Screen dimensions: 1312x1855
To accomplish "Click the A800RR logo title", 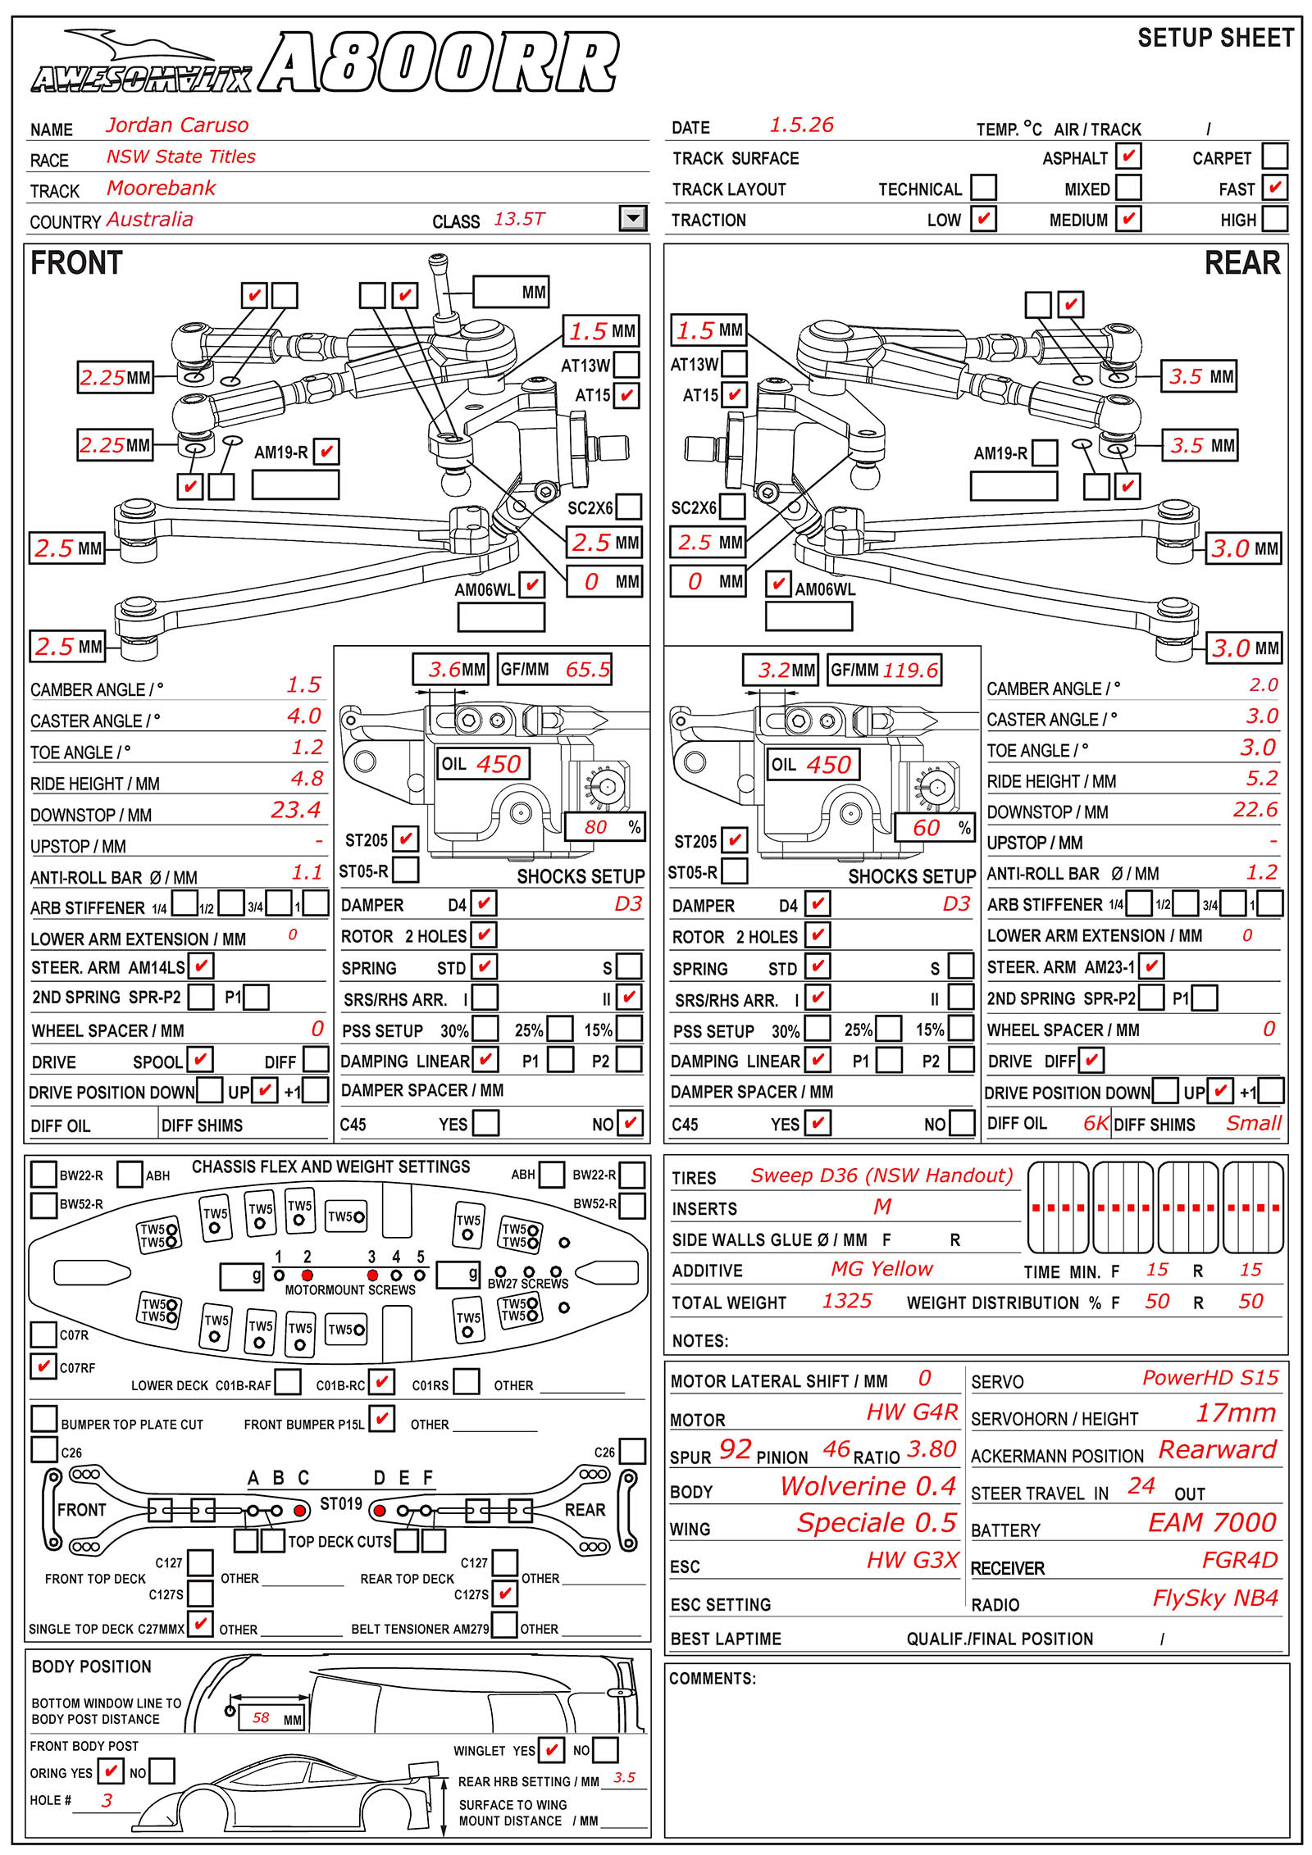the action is click(439, 63).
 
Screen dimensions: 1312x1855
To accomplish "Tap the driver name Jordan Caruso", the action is click(177, 125).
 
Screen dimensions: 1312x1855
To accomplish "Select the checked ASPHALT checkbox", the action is click(1128, 156).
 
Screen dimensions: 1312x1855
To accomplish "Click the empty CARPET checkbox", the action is click(1274, 156).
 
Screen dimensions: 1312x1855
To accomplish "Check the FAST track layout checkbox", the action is click(1274, 187).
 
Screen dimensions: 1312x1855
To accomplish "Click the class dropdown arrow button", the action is click(633, 218).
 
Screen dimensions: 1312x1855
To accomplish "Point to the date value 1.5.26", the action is click(801, 125).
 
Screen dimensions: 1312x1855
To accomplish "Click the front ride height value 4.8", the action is click(307, 779).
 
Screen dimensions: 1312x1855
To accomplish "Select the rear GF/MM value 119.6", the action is click(910, 671).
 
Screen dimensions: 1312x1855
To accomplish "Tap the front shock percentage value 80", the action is click(596, 827).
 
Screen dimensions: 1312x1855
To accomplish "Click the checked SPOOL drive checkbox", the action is click(200, 1059).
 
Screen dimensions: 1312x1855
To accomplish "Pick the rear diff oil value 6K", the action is click(1096, 1123).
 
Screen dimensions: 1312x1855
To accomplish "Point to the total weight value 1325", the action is click(847, 1301).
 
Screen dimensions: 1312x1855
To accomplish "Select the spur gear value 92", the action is click(736, 1449).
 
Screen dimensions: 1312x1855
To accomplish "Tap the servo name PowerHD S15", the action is click(1210, 1378).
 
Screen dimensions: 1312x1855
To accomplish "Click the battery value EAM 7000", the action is click(1213, 1522).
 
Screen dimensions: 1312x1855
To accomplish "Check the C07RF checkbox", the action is click(43, 1366).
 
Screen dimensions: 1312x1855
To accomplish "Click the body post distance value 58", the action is click(261, 1717).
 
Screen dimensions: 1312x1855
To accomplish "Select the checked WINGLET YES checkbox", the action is click(551, 1750).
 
